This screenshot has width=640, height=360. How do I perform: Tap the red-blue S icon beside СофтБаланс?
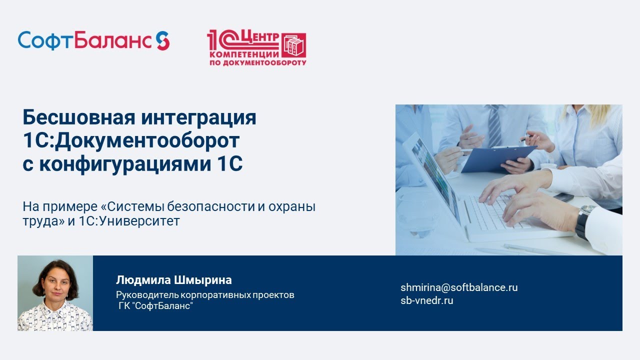[x=162, y=40]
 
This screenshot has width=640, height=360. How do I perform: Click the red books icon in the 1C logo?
[x=294, y=45]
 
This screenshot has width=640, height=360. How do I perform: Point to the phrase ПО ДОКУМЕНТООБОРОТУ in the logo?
[x=257, y=62]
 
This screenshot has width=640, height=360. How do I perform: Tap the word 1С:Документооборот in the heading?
[x=131, y=141]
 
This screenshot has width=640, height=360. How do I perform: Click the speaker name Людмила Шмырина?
[x=173, y=280]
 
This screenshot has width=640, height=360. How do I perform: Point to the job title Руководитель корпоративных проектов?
[x=205, y=294]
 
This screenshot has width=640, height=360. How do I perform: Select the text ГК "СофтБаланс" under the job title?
[x=155, y=305]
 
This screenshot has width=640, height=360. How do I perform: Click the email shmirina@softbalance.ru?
[x=458, y=287]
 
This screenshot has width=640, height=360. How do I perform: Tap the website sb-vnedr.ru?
[x=426, y=300]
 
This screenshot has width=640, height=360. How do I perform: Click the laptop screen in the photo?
[x=431, y=177]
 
